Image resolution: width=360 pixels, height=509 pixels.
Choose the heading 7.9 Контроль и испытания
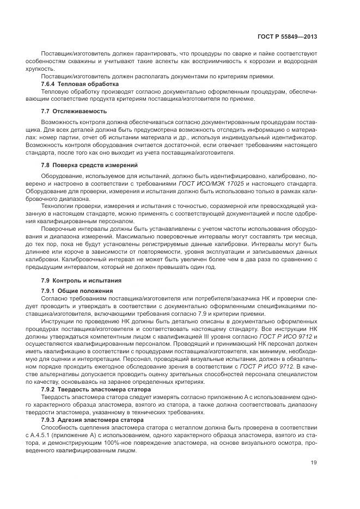coord(81,280)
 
